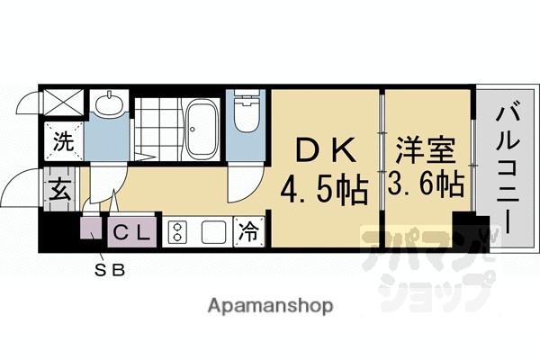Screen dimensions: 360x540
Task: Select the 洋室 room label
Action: point(428,147)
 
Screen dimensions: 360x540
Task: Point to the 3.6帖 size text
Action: point(428,185)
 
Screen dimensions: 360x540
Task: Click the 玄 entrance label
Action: point(59,190)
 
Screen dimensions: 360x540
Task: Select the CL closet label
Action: point(133,233)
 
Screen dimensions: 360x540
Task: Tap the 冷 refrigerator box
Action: point(247,232)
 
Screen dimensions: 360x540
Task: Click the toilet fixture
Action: point(243,114)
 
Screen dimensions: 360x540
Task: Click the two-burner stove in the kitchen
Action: point(176,232)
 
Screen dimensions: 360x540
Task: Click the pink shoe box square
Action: point(93,231)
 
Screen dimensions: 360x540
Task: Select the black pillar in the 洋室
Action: point(465,230)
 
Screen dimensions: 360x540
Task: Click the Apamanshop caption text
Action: point(269,306)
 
